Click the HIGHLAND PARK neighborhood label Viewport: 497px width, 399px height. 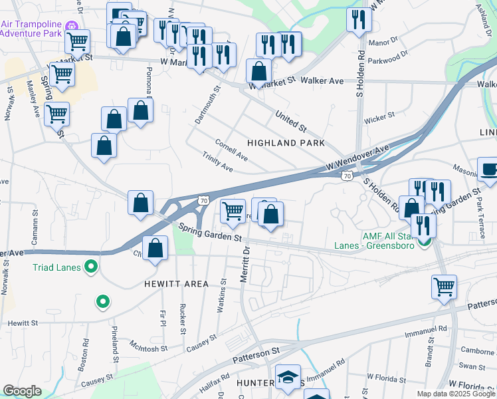point(286,143)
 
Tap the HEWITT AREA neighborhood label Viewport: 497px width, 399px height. point(177,284)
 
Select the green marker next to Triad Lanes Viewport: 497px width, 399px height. point(91,268)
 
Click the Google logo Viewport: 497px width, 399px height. point(22,390)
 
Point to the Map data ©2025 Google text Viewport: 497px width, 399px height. point(455,394)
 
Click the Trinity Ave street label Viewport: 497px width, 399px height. point(218,162)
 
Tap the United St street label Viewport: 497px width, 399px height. point(292,121)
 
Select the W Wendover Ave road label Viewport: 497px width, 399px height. point(357,158)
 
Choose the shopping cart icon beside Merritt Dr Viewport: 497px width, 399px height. point(232,211)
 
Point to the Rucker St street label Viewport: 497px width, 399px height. point(182,319)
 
